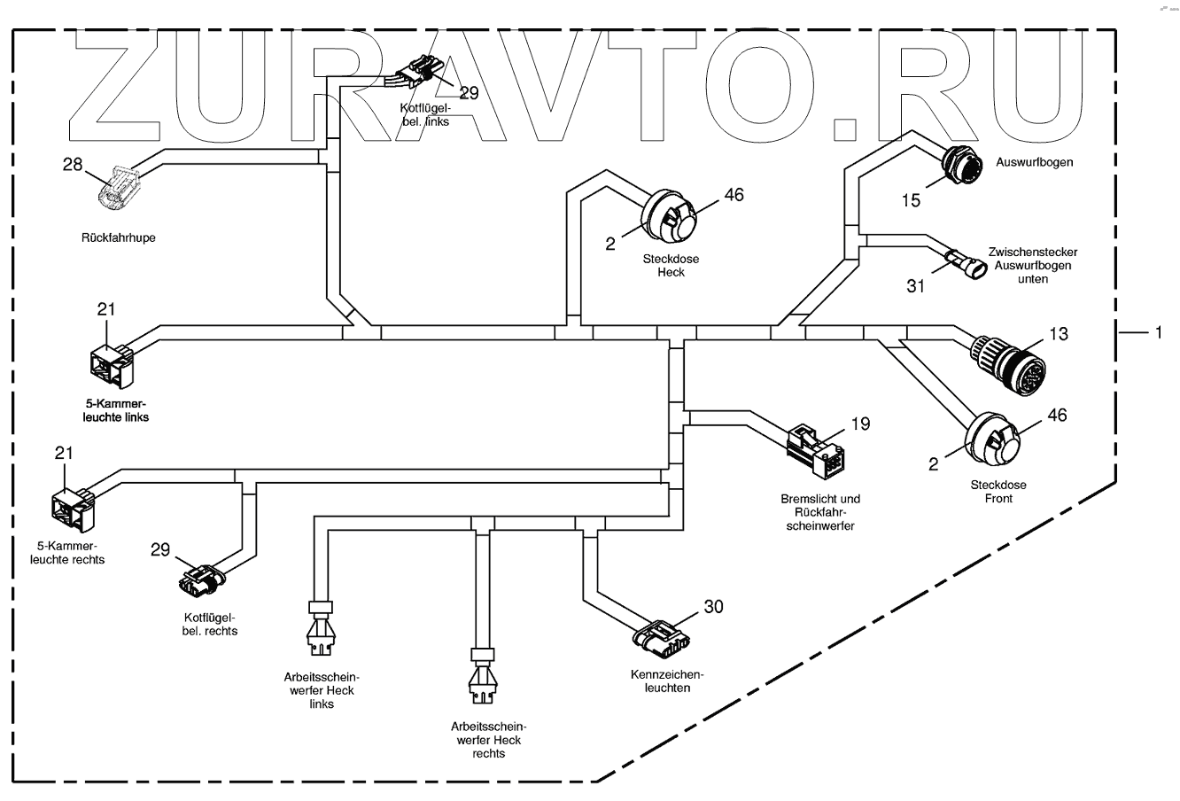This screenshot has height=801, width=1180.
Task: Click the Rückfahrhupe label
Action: click(118, 237)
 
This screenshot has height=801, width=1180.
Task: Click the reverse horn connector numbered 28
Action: click(118, 190)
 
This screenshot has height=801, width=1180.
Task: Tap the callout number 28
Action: click(72, 164)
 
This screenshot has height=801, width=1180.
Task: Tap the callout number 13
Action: click(1058, 334)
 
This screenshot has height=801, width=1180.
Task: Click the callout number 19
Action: click(860, 424)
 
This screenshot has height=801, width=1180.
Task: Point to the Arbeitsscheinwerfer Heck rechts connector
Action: click(483, 677)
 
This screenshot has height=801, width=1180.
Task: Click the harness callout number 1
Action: click(1156, 332)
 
